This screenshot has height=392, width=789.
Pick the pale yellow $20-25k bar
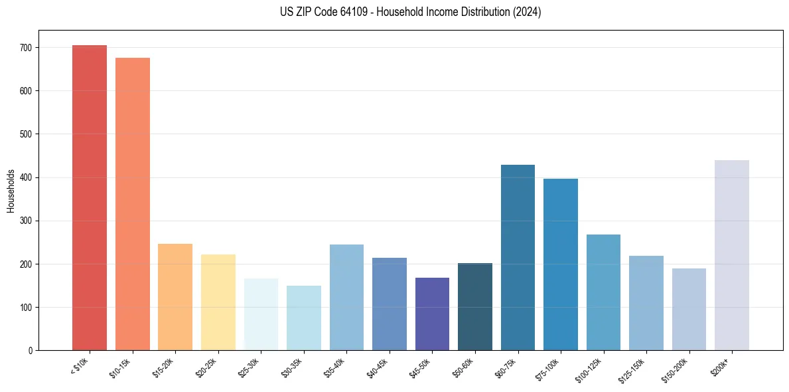[x=218, y=302]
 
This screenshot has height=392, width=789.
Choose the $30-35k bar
[x=304, y=318]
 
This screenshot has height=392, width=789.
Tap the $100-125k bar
[x=603, y=292]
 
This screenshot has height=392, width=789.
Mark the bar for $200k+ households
[x=732, y=255]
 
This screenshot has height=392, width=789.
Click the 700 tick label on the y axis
[x=26, y=48]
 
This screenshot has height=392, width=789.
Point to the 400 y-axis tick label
[x=26, y=177]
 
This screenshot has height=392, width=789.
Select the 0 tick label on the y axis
[x=30, y=351]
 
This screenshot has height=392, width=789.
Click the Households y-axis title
[x=11, y=191]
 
